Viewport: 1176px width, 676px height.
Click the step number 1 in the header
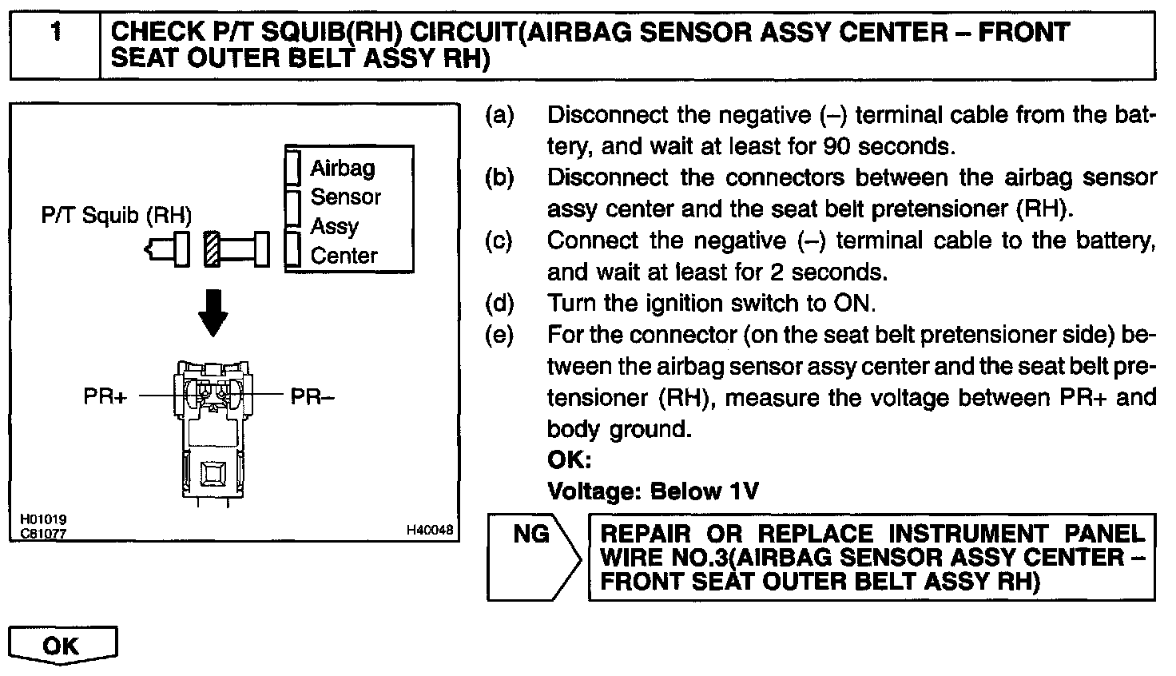pos(55,34)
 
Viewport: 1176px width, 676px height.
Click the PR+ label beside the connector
pos(105,396)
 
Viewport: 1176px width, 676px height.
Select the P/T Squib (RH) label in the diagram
pos(117,216)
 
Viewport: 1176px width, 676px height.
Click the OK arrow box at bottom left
pos(62,646)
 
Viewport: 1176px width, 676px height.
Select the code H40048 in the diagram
pos(429,530)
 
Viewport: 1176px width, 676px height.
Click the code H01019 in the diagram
pos(38,520)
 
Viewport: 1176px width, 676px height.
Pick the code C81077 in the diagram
pos(38,533)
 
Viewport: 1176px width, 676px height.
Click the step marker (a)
pos(499,116)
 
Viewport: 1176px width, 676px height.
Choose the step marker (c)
pos(499,241)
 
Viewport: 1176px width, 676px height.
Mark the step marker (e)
pos(499,335)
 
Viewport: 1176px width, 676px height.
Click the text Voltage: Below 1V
pos(652,491)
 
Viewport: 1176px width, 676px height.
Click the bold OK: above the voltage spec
pos(569,461)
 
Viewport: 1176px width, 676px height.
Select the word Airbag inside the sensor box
pos(342,168)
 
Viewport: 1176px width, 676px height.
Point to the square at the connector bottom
pos(213,473)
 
